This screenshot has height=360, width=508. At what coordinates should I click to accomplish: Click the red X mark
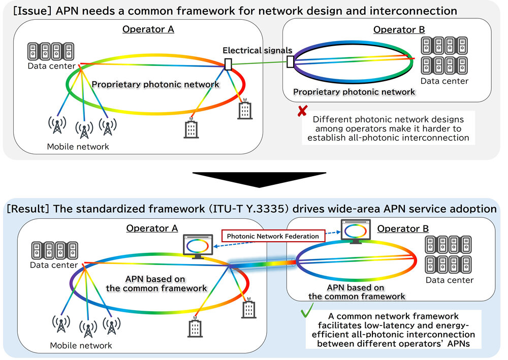pos(302,111)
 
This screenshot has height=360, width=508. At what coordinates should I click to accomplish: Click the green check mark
pos(307,310)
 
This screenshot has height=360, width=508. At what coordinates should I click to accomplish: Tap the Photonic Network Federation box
pos(273,236)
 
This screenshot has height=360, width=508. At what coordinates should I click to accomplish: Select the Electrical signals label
pos(257,50)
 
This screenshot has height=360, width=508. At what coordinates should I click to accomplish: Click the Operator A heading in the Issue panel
pos(148,29)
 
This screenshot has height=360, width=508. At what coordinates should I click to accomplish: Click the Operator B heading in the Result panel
pos(403,228)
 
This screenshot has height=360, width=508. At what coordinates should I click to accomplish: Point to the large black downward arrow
pos(259,179)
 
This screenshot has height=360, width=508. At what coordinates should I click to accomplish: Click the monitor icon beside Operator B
pos(356,231)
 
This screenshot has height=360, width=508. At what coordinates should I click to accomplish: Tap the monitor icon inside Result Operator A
pos(198,246)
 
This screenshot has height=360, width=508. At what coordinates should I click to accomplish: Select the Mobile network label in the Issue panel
pos(78,147)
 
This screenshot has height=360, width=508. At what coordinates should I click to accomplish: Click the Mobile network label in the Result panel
pos(81,345)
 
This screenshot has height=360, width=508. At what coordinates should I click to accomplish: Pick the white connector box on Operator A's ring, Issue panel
pos(228,64)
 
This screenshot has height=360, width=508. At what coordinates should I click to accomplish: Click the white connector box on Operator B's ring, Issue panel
pos(290,61)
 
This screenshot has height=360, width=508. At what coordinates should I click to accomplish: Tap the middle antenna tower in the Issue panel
pos(84,130)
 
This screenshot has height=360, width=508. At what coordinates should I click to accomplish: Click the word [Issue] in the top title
pos(33,11)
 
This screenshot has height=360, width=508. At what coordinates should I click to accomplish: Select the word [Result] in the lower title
pos(28,209)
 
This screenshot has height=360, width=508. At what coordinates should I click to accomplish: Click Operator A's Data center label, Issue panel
pos(51,66)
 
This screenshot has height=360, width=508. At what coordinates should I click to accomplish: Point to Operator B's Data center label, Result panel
pos(450,280)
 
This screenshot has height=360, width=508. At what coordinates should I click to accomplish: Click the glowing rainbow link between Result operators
pos(263,264)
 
